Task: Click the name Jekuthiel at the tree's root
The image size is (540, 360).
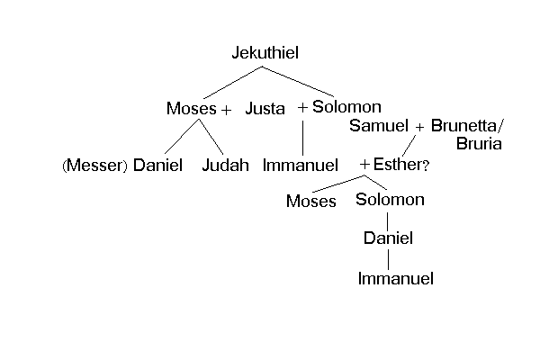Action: pos(265,54)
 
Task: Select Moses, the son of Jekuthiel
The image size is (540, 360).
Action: pos(191,109)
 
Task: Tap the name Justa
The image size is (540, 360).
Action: pos(265,109)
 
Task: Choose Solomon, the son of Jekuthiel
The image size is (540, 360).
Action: pos(346,107)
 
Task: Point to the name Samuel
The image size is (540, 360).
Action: pos(379,126)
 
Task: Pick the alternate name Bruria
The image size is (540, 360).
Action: pos(479,143)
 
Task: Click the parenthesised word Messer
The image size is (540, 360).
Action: pos(95,166)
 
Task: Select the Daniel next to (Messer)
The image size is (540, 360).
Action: pos(157,166)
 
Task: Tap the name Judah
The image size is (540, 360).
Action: pos(225,166)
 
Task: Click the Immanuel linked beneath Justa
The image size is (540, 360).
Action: pos(301,166)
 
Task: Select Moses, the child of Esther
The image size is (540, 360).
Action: pos(310,202)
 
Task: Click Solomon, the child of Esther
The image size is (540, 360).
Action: pos(389,200)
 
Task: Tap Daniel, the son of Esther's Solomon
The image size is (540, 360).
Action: pos(388,239)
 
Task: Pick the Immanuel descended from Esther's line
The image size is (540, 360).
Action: pos(395,279)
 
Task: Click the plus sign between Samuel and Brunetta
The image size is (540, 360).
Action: pos(420,127)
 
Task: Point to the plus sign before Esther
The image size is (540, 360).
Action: pos(364,166)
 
